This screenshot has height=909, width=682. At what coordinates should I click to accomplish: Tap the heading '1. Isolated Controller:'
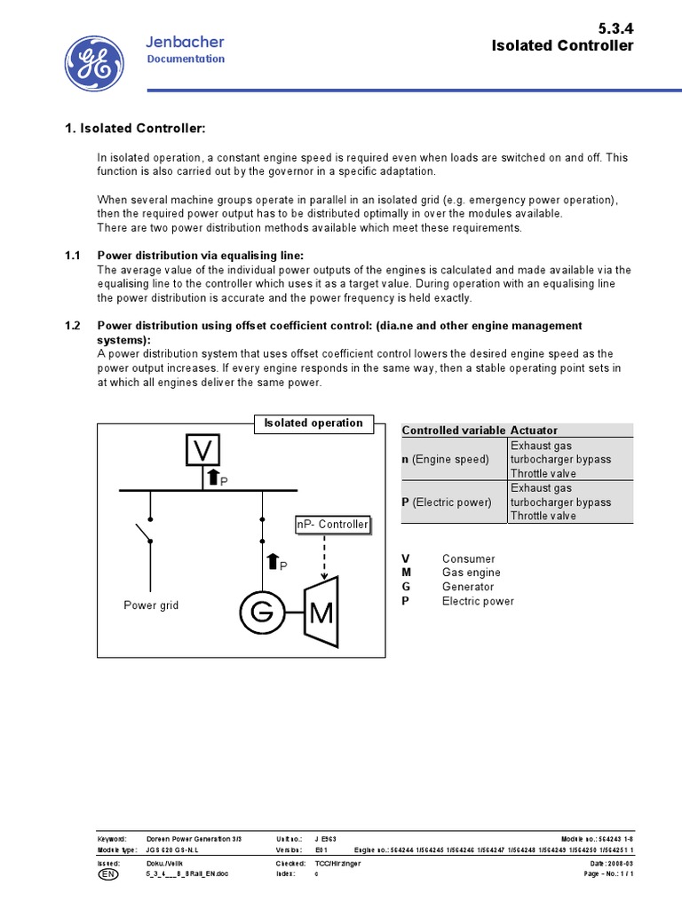click(135, 130)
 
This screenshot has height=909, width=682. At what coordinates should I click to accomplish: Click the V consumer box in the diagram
click(202, 450)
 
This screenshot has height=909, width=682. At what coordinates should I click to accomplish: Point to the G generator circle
click(258, 610)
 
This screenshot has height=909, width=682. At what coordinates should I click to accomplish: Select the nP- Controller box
click(331, 525)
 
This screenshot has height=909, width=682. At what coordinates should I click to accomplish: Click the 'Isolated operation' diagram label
click(313, 423)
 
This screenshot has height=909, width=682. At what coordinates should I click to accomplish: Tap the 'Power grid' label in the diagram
click(151, 605)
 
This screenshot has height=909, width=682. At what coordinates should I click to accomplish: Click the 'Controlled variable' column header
click(454, 431)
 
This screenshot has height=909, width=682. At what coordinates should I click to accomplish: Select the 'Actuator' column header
click(535, 431)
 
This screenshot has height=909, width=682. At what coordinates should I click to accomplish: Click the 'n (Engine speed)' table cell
click(446, 459)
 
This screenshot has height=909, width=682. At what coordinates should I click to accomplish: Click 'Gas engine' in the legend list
click(468, 573)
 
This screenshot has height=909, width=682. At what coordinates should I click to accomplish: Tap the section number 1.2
click(73, 326)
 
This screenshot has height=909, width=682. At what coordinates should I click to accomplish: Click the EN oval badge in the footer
click(107, 873)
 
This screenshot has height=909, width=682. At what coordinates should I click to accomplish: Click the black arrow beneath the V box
click(213, 478)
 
